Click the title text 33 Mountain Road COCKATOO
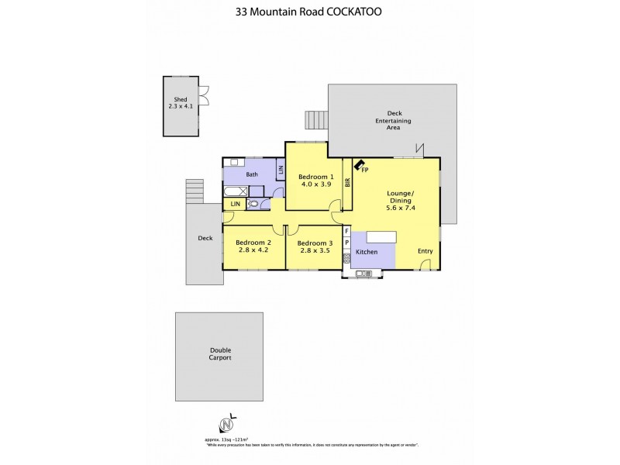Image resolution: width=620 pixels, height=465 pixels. coord(309,12)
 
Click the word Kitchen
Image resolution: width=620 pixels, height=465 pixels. coord(366,253)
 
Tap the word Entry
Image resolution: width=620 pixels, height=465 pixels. coord(425,251)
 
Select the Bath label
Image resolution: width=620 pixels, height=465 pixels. coord(252,174)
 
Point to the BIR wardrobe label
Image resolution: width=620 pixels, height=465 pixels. coord(348,183)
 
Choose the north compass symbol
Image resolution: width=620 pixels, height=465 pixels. coord(226,424)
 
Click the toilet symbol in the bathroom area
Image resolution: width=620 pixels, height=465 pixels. coord(253,204)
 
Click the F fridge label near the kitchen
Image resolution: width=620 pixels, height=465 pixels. coord(346,231)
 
